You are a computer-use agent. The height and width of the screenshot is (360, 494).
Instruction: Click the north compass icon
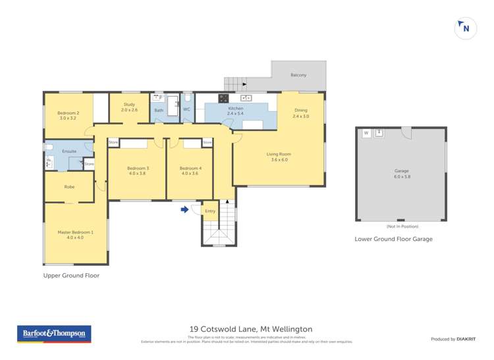pos(466,28)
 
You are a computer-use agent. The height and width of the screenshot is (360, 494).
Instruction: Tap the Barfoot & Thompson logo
pos(55,334)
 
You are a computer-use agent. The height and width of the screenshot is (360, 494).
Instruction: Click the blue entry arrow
pos(185,210)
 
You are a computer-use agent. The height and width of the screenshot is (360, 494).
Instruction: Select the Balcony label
pos(298,75)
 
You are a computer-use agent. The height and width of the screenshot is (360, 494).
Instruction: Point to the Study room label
pos(129,107)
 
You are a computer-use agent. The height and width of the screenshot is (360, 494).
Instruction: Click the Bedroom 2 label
pos(69,115)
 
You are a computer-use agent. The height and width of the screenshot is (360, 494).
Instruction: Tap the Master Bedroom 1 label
pos(76,234)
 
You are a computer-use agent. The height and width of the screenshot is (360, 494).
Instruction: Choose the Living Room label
pos(279,157)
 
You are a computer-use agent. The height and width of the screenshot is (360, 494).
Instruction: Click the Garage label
pos(401,174)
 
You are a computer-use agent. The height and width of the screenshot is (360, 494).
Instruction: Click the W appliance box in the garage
pos(366,133)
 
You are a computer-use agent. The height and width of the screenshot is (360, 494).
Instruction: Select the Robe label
pos(69,187)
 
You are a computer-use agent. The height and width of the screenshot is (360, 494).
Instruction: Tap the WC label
pos(187,109)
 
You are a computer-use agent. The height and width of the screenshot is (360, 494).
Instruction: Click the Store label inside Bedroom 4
pos(207,142)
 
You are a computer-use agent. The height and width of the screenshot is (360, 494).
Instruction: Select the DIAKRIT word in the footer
pos(467,339)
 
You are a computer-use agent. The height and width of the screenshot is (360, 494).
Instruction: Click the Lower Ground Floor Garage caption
pos(393,239)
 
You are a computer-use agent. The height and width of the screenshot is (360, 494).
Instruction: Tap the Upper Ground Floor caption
pos(71,276)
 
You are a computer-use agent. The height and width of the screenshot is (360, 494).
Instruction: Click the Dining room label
pos(301,113)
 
